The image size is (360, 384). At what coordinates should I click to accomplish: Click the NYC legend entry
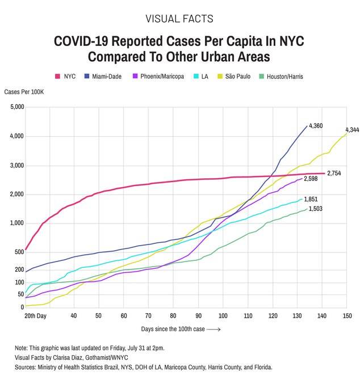(x=65, y=76)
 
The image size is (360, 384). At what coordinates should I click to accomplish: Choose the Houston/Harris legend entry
(x=281, y=76)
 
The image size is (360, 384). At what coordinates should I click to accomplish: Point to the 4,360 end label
(x=316, y=125)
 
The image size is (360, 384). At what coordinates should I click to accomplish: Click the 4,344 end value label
(x=351, y=130)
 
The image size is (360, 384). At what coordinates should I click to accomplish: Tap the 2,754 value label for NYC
(x=333, y=173)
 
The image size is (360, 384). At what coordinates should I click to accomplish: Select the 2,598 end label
(x=310, y=179)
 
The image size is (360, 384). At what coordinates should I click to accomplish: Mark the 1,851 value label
(x=310, y=199)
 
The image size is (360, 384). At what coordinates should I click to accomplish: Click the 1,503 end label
(x=316, y=209)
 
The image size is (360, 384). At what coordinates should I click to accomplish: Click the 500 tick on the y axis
(x=19, y=252)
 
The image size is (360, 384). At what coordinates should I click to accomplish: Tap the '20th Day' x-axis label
(x=35, y=315)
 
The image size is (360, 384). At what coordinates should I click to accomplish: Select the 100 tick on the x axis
(x=223, y=315)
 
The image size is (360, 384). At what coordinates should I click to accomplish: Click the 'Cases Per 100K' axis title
(x=24, y=92)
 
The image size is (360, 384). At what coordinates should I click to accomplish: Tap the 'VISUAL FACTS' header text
(x=179, y=19)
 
